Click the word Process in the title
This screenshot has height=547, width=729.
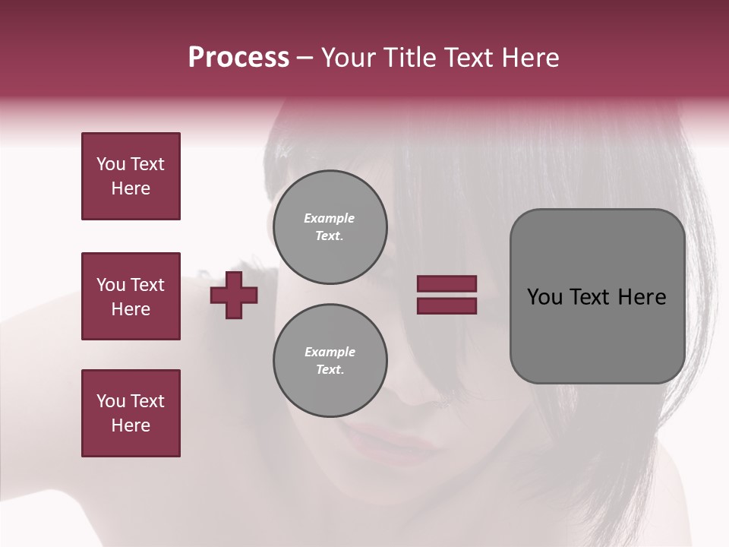click(238, 58)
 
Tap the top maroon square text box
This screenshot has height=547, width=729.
click(131, 176)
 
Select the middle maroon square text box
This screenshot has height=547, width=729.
click(131, 296)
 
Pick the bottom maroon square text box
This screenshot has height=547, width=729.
click(131, 413)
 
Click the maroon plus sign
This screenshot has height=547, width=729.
click(234, 295)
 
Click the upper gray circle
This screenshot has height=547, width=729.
click(330, 227)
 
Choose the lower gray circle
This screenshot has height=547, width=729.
click(330, 361)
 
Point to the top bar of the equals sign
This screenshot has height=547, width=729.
click(447, 283)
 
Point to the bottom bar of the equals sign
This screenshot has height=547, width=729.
click(447, 305)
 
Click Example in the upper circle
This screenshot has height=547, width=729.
click(330, 218)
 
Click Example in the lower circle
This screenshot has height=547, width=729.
click(330, 352)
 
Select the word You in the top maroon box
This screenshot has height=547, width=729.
click(111, 164)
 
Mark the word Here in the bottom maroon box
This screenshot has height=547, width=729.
click(131, 425)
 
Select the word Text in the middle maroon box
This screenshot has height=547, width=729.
click(147, 285)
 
